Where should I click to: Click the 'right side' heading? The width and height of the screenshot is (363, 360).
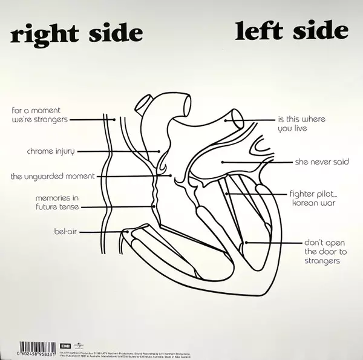77,33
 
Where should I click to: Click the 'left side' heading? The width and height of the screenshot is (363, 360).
292,30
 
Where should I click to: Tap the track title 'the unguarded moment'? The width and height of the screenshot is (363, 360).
52,176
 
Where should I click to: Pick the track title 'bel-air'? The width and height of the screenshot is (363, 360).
65,231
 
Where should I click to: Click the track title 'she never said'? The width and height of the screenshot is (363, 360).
321,162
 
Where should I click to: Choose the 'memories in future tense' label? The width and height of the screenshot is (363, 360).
57,202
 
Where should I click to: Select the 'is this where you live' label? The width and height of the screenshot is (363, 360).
301,123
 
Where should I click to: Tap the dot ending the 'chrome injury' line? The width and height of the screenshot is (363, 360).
160,151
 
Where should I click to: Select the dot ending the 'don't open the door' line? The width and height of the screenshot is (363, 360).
246,243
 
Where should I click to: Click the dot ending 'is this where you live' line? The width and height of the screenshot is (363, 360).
226,120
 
